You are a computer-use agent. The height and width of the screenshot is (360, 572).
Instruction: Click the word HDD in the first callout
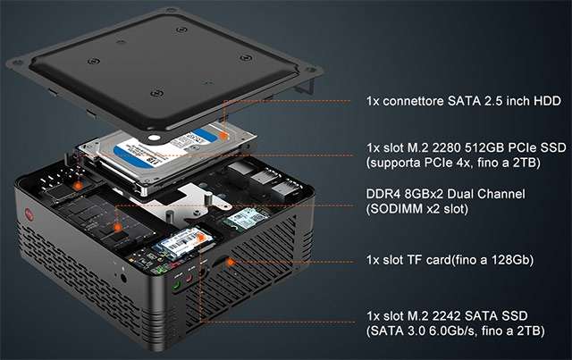[x=547, y=101]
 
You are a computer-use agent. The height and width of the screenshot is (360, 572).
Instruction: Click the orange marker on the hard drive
[x=223, y=136]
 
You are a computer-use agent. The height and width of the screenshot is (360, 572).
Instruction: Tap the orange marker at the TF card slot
[x=231, y=262]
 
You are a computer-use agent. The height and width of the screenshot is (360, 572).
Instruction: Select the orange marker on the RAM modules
[x=117, y=228]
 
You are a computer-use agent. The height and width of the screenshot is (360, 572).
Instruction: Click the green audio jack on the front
[x=177, y=284]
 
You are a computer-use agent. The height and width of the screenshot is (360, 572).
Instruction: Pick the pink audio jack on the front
[x=189, y=279]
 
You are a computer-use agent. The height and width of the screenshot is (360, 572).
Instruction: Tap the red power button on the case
[x=29, y=214]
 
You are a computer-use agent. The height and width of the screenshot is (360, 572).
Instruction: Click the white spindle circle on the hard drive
[x=155, y=138]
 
